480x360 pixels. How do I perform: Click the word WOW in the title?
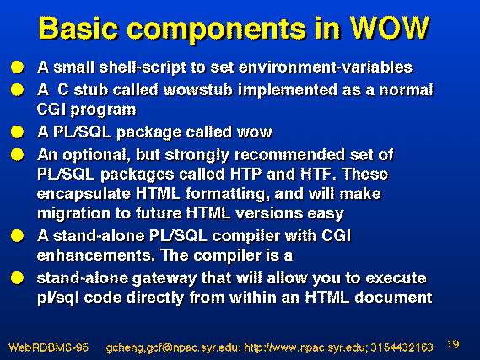click(390, 28)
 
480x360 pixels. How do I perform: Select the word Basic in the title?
click(78, 28)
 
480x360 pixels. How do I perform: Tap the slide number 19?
click(453, 344)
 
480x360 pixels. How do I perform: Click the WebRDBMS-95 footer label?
click(48, 347)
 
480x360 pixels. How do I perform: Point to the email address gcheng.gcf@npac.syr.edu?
click(171, 348)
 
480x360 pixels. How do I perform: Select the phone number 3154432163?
click(402, 347)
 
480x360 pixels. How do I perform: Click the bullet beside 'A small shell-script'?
click(18, 67)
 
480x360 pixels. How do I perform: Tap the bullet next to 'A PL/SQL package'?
click(18, 132)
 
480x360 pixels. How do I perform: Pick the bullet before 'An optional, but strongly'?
click(18, 154)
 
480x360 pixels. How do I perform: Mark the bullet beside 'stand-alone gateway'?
click(18, 278)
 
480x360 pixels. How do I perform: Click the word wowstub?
click(198, 90)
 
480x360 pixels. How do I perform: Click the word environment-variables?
click(326, 67)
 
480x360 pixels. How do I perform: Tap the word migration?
click(73, 213)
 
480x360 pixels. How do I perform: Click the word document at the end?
click(393, 298)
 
